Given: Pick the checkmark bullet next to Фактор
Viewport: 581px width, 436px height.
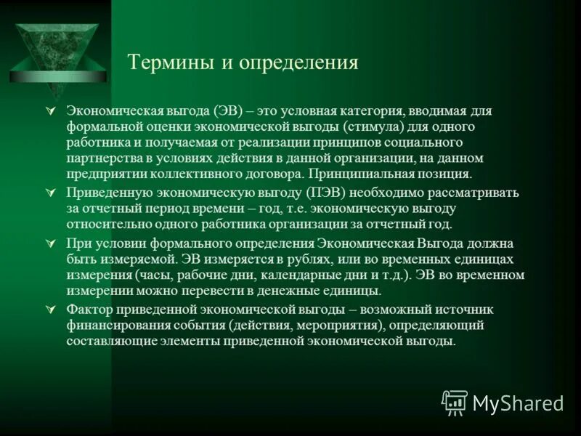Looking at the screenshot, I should tap(50, 310).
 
